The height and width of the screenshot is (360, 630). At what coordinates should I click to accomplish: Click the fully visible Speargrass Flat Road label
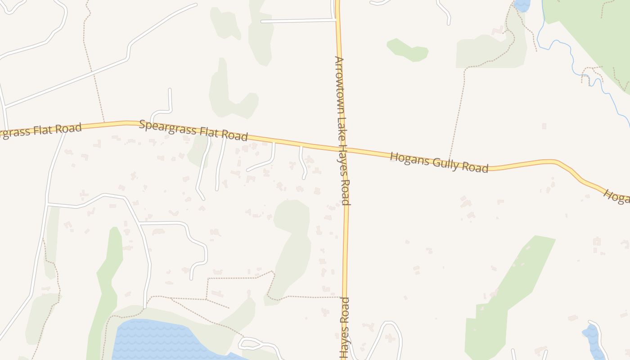pos(193,130)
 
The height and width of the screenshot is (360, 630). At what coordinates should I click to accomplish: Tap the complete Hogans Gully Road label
pos(439,162)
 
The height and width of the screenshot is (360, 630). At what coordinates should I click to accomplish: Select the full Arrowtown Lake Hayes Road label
pos(342,130)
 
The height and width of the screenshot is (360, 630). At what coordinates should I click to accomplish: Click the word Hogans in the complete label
pos(405,158)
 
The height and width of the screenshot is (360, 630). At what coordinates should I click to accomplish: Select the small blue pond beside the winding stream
pos(522,5)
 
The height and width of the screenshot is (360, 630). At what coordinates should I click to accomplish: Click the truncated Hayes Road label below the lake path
pos(344,328)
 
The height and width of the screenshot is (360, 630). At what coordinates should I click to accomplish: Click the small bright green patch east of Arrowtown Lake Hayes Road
pos(407,50)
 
